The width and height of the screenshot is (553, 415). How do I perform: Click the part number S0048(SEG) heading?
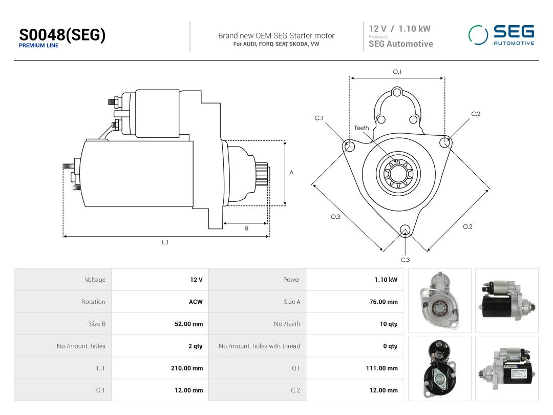pyautogui.click(x=62, y=35)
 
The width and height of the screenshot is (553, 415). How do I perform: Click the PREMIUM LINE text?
pyautogui.click(x=39, y=46)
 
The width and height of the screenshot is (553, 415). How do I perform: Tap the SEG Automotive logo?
pyautogui.click(x=501, y=35)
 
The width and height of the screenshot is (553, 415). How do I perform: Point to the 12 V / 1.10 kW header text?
pyautogui.click(x=399, y=29)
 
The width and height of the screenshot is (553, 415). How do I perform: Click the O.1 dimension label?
pyautogui.click(x=397, y=72)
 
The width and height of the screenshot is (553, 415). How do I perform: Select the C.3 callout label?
pyautogui.click(x=405, y=260)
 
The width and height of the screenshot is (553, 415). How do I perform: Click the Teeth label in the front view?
pyautogui.click(x=361, y=128)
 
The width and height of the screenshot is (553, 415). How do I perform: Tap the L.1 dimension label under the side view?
pyautogui.click(x=165, y=242)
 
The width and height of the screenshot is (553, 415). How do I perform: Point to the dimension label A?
pyautogui.click(x=291, y=173)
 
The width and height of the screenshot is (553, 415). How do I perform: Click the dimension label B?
pyautogui.click(x=246, y=229)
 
